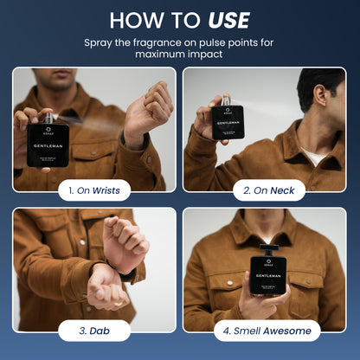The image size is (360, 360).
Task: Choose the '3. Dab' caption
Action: coord(94,330)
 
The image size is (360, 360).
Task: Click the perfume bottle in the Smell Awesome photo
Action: coord(268,280)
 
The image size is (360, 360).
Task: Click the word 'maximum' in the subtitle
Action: coord(160,55)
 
